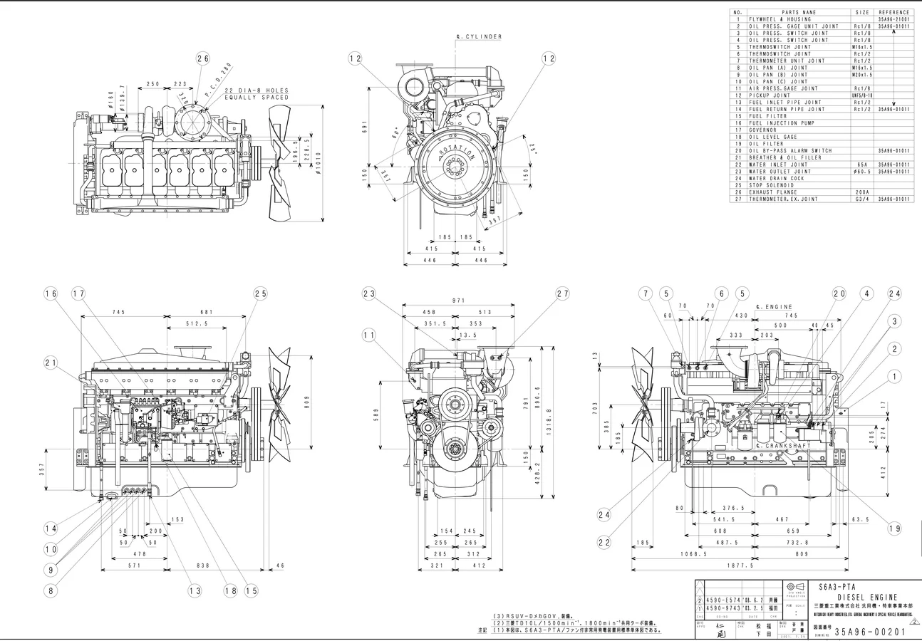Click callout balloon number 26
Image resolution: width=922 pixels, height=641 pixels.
click(x=203, y=59)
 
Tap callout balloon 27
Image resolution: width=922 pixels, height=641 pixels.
click(x=563, y=293)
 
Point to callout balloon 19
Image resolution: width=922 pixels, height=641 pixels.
click(x=895, y=528)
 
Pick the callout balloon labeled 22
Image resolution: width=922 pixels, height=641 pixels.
click(x=604, y=543)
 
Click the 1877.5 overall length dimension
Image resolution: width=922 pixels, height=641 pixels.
click(x=742, y=566)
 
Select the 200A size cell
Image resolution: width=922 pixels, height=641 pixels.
click(x=862, y=192)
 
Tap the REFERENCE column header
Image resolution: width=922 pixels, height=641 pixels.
click(x=894, y=12)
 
